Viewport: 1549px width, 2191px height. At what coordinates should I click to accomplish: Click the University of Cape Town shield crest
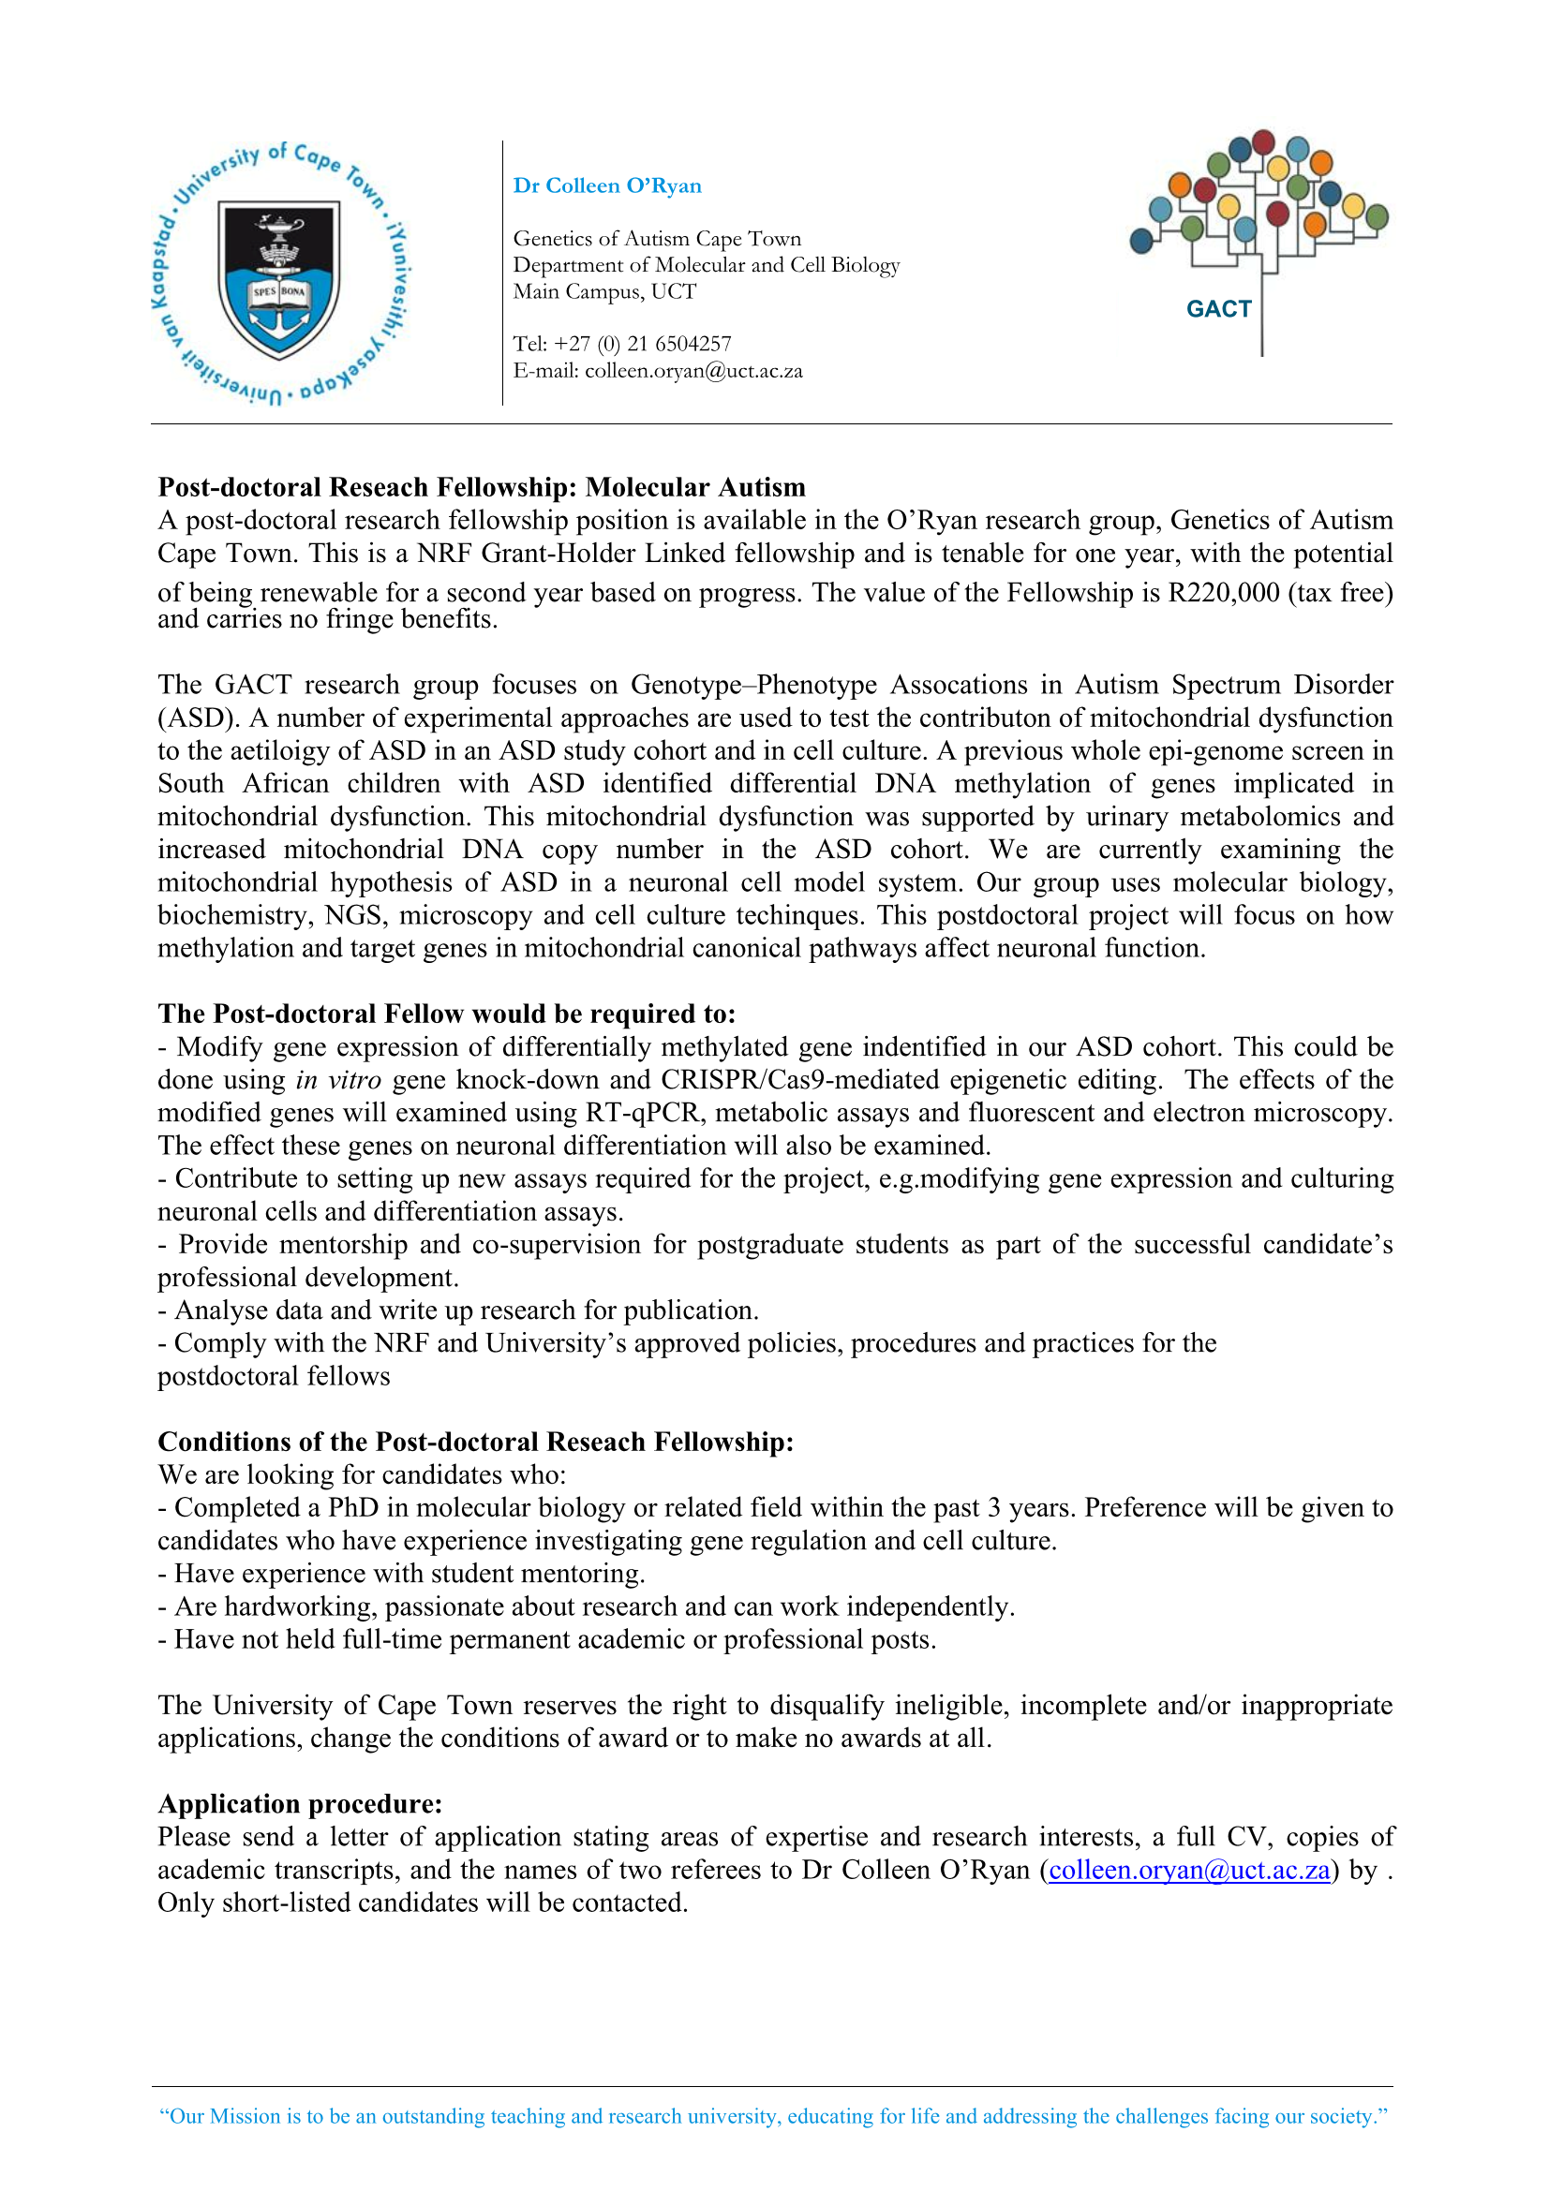point(278,278)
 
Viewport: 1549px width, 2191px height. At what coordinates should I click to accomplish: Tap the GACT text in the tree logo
point(1218,309)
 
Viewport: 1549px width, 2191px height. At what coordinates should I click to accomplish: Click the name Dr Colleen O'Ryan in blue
point(607,186)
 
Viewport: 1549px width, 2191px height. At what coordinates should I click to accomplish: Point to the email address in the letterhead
point(693,370)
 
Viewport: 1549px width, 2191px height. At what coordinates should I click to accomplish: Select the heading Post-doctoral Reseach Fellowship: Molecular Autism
point(481,488)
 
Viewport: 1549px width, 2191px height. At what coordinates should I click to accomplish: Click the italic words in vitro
point(338,1080)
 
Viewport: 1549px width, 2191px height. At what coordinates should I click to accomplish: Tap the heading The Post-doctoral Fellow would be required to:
point(447,1014)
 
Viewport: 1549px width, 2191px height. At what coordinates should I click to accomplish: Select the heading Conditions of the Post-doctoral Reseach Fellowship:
point(475,1442)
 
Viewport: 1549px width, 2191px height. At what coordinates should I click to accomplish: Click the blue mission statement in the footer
point(773,2117)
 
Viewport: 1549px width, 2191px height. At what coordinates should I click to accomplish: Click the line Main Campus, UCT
point(604,291)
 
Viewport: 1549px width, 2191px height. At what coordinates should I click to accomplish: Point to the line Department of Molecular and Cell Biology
point(707,265)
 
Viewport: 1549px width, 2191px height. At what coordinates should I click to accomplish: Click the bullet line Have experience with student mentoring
point(401,1574)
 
